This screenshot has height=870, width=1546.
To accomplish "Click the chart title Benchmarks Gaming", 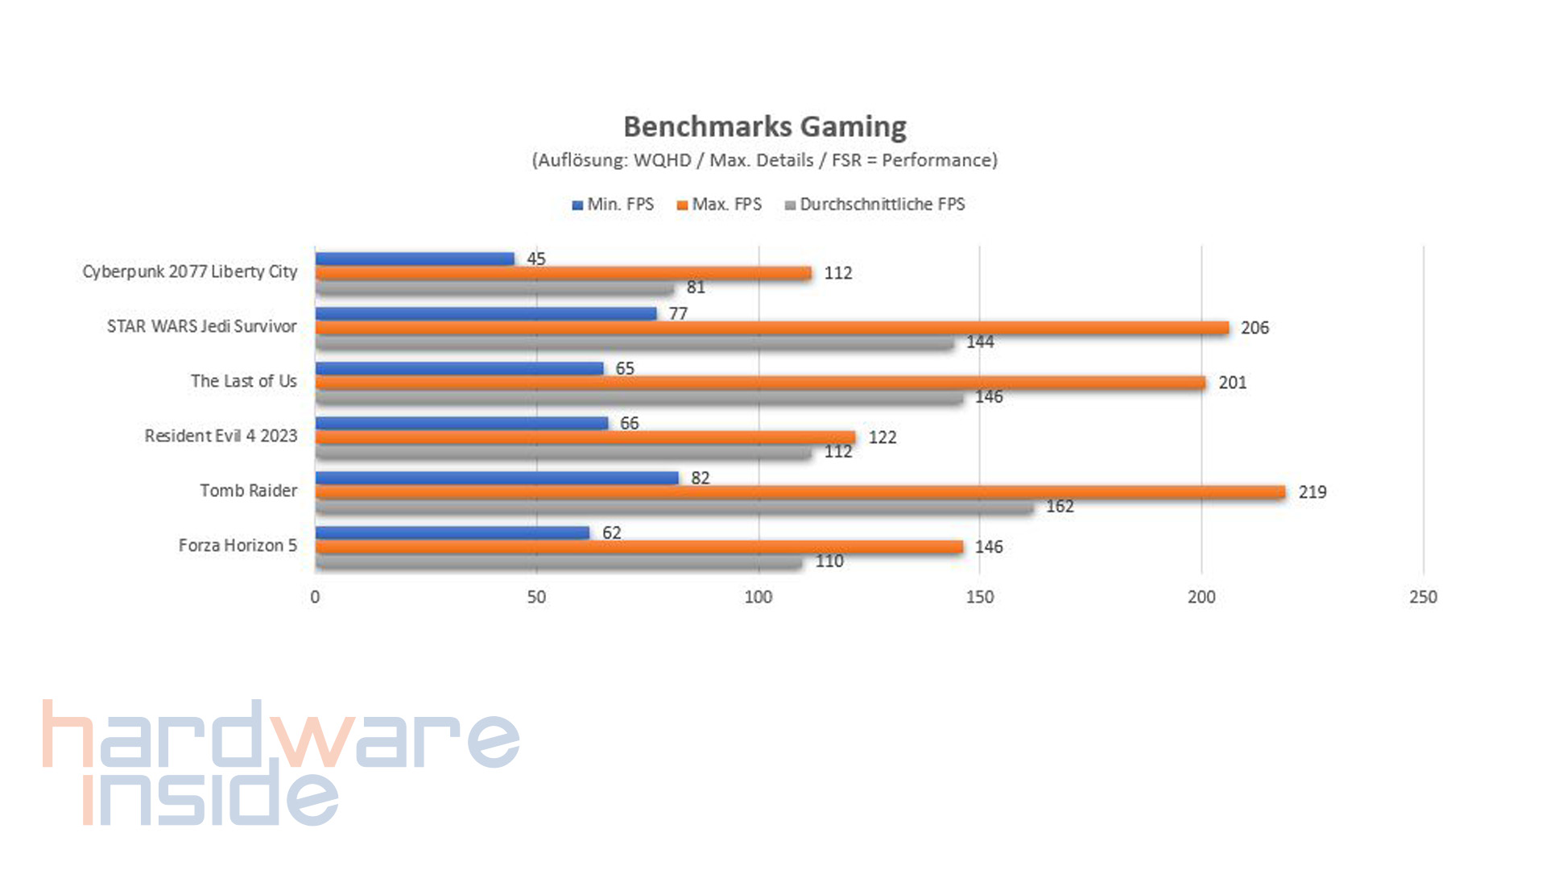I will point(765,126).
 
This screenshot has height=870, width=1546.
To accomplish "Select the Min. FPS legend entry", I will point(613,205).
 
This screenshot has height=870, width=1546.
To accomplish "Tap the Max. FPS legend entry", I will point(719,205).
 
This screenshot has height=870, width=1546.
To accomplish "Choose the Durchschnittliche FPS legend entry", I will point(874,205).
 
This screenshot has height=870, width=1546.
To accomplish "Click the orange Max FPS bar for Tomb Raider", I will point(800,492).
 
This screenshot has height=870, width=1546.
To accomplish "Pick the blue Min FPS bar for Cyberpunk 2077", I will point(415,259).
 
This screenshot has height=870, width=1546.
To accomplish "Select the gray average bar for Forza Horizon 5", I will point(558,561).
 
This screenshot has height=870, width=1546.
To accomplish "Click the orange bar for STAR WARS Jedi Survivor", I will point(771,328).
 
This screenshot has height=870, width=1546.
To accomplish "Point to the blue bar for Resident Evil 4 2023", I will point(461,423).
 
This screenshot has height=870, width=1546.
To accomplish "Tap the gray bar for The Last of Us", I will point(639,397).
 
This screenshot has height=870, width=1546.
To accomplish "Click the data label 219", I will point(1312,492).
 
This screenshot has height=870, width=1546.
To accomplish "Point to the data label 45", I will point(535,259).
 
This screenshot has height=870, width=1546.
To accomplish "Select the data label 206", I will point(1254,328).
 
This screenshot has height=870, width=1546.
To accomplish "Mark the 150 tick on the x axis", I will point(979,597).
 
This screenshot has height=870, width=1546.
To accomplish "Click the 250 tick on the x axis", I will point(1423,597).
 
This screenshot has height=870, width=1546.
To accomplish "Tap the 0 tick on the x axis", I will point(315,597).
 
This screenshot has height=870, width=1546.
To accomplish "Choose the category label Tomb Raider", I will point(248,491).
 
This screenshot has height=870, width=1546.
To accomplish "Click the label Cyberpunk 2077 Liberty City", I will point(190,271).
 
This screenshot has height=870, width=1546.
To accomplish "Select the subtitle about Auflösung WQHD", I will point(764,160).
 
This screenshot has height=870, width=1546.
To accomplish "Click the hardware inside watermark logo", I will point(280,762).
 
